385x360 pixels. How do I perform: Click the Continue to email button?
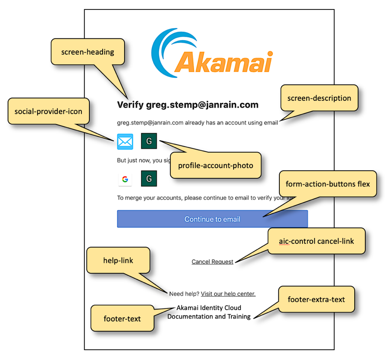212,219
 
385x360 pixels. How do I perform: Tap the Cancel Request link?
212,262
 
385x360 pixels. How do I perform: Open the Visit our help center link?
228,294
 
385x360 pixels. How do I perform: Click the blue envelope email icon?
125,142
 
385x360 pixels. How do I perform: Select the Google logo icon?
125,179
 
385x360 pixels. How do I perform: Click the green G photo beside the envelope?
149,141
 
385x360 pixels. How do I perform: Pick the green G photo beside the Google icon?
149,179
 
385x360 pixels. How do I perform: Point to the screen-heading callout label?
88,52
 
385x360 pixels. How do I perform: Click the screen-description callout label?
319,98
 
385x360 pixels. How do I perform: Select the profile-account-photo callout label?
216,165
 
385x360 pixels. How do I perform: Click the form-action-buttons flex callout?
328,184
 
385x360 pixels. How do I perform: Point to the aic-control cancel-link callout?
316,241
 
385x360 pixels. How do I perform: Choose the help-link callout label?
118,260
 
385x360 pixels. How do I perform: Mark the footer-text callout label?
122,318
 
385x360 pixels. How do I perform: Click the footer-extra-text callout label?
316,299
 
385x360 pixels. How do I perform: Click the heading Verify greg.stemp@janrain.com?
187,105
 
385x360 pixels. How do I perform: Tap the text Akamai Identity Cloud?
209,308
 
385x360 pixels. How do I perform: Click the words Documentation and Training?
209,317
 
